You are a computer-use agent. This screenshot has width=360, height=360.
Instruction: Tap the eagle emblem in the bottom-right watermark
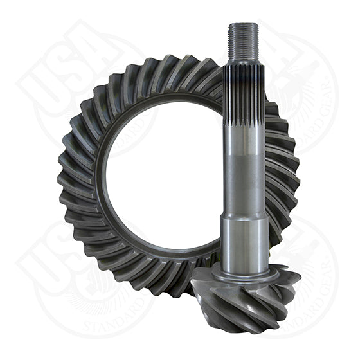pos(302,257)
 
